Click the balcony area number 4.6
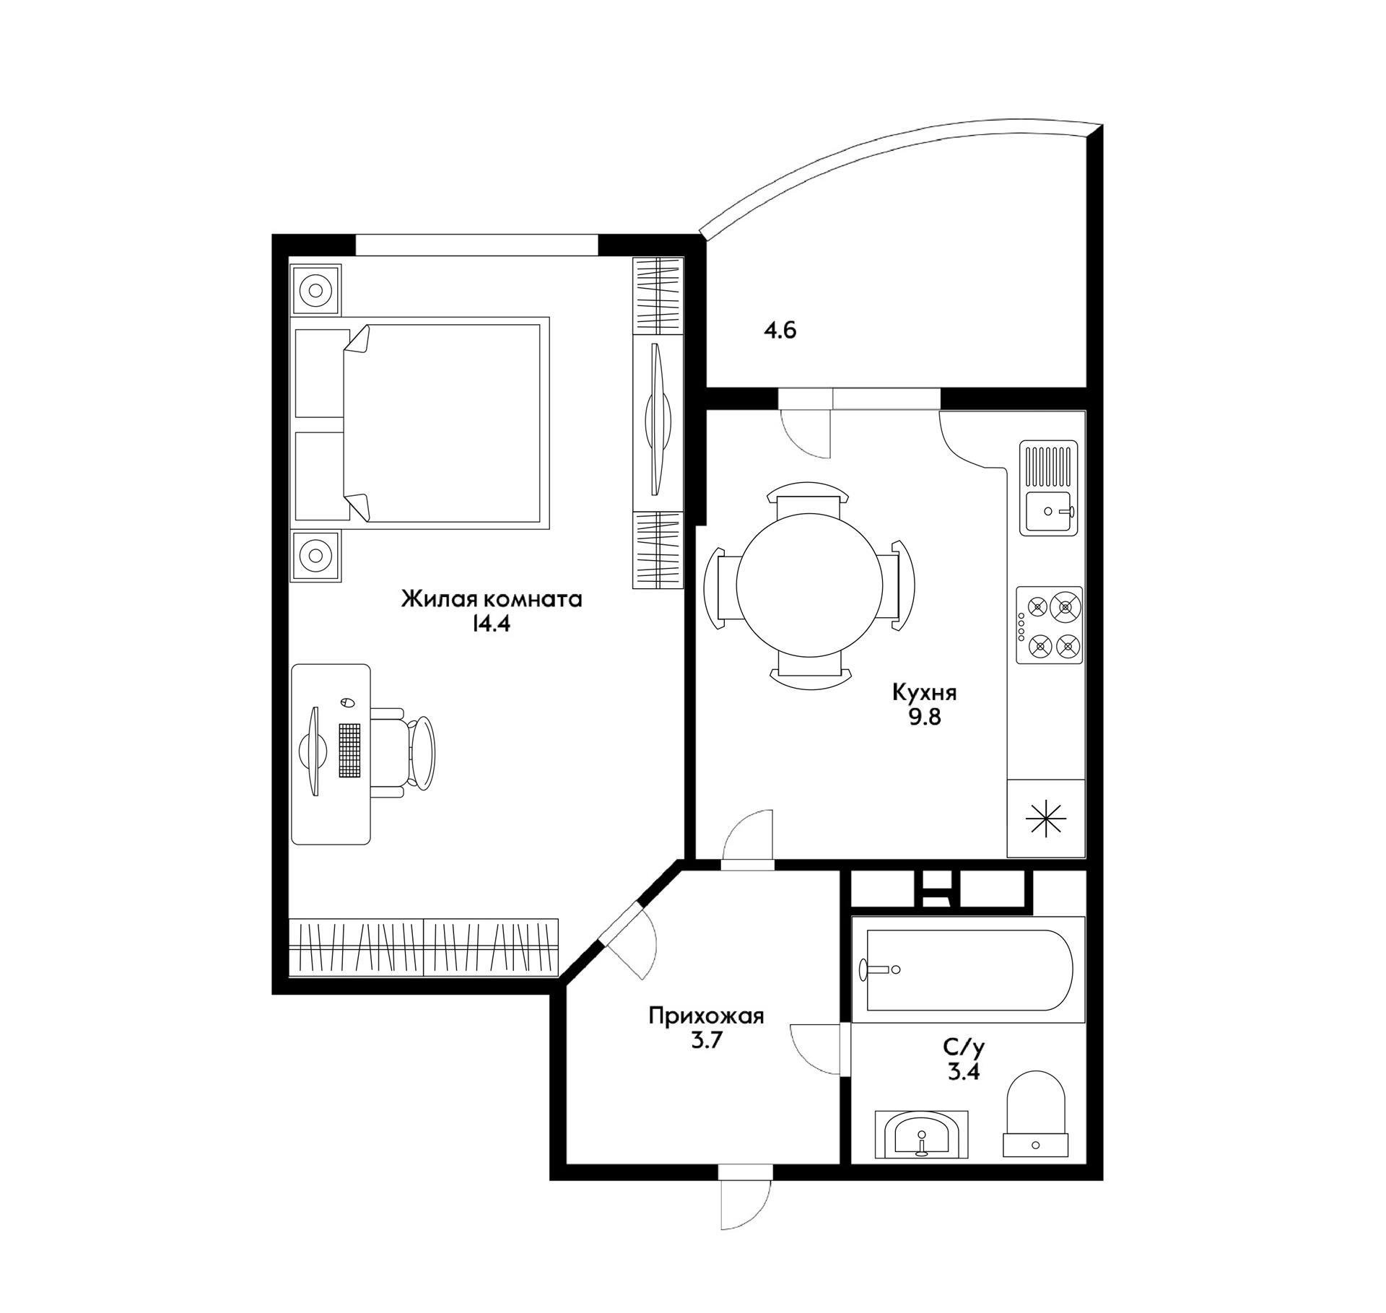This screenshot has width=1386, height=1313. pos(780,331)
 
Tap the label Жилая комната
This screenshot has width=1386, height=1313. pos(491,599)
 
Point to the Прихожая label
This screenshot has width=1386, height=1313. pos(706,1017)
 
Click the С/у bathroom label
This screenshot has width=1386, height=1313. pos(964,1046)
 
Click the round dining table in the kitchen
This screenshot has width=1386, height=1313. pos(809,583)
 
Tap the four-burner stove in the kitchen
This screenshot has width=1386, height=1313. pos(1050,625)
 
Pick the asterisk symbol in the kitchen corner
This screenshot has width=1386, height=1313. pos(1046,819)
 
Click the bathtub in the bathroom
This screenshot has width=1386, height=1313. pos(969,969)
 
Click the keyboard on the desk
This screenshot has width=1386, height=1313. pos(349,751)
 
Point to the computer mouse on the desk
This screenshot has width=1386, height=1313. pos(345,702)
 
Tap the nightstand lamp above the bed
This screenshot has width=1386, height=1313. pos(315,290)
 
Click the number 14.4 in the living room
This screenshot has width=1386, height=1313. pos(491,624)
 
